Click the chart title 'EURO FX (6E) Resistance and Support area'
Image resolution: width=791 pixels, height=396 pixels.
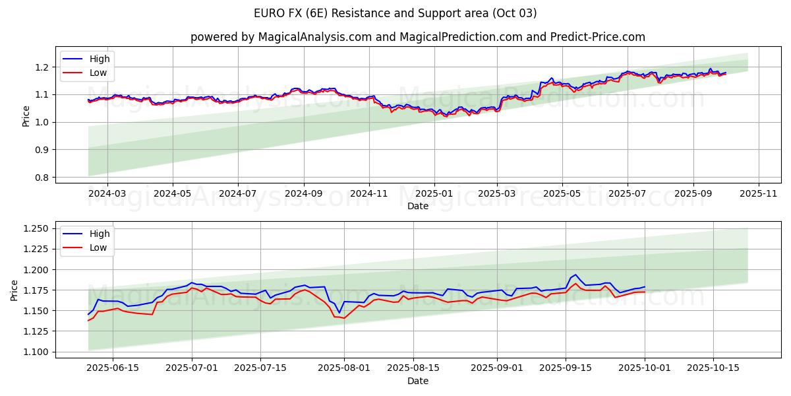point(395,13)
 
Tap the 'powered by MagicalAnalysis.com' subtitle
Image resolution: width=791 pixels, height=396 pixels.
point(418,37)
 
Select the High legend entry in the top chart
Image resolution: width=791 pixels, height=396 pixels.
point(100,59)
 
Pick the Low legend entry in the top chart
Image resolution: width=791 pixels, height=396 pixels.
point(98,73)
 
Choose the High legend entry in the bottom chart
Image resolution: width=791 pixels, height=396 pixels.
point(100,234)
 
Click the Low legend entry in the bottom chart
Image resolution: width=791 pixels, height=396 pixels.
point(98,247)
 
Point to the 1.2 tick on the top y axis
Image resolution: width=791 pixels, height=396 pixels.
point(42,67)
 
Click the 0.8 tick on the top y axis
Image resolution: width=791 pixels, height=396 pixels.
point(42,177)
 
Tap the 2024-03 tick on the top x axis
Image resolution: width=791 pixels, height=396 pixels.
point(107,194)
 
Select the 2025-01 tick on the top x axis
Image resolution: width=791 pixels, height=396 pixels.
point(434,194)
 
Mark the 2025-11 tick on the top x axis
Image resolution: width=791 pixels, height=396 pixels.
point(759,194)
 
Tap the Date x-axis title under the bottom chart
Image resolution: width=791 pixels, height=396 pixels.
point(418,381)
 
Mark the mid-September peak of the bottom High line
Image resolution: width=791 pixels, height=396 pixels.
point(575,275)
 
